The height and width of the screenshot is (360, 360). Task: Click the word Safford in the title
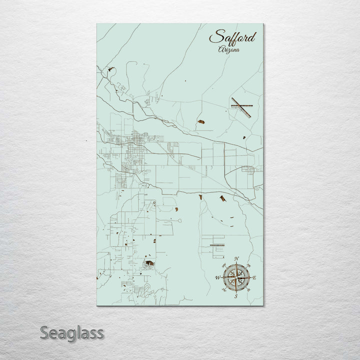(x=232, y=37)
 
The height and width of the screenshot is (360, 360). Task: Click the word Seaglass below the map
(x=72, y=332)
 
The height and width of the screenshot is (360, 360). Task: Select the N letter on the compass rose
(x=237, y=259)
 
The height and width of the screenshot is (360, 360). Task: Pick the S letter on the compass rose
(x=236, y=296)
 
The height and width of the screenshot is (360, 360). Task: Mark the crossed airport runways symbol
(x=241, y=107)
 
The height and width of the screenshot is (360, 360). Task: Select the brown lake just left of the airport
(x=201, y=121)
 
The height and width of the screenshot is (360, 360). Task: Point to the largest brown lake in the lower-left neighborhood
(x=149, y=262)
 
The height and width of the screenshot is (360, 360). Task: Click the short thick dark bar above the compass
(x=219, y=245)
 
